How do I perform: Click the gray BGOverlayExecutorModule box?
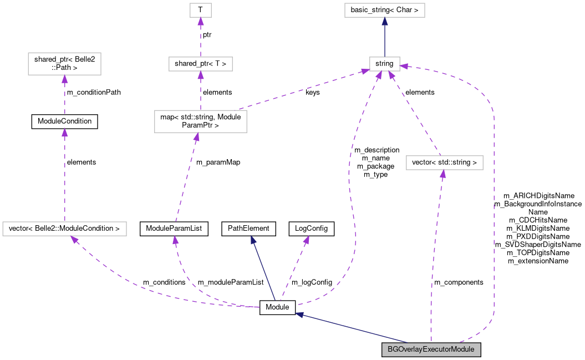click(431, 349)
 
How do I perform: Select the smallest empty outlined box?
click(201, 10)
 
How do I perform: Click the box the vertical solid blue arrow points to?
click(384, 10)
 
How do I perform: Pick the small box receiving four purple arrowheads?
click(384, 64)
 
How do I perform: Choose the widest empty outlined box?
click(64, 229)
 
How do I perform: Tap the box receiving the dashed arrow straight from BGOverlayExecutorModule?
click(444, 163)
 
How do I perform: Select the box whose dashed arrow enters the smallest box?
click(201, 64)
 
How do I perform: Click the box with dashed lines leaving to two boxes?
click(200, 121)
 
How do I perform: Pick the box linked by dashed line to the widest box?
click(64, 64)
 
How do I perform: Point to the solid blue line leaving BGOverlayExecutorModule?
click(355, 329)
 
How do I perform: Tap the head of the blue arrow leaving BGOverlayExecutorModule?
click(299, 315)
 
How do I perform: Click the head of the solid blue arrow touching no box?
click(253, 240)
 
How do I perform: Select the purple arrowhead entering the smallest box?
click(201, 22)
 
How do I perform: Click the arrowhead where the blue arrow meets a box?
click(384, 21)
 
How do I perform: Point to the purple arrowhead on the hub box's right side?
click(403, 66)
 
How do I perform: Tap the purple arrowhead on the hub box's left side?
click(365, 71)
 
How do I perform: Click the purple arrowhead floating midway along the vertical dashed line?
click(64, 132)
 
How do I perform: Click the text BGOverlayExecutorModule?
click(431, 349)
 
